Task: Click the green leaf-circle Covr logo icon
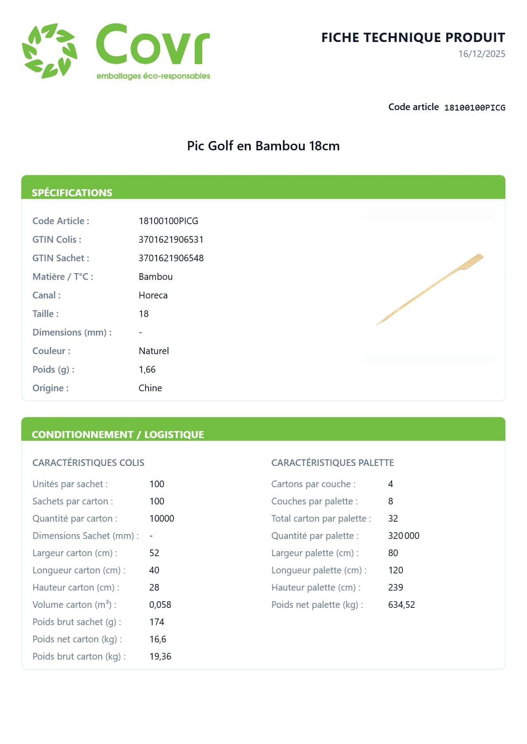[50, 51]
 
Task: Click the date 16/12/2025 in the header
[481, 54]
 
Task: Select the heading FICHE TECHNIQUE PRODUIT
[413, 38]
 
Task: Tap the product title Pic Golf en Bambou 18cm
[263, 146]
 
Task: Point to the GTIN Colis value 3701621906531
[171, 240]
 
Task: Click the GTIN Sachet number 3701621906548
[171, 258]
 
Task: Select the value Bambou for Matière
[155, 277]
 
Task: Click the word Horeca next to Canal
[153, 295]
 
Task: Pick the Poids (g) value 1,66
[147, 370]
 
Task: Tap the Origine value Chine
[150, 388]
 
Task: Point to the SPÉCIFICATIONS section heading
[72, 193]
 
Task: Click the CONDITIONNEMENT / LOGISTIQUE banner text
[118, 435]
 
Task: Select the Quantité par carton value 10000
[162, 519]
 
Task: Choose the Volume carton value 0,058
[160, 605]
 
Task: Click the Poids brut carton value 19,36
[160, 656]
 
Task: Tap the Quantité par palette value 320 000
[404, 536]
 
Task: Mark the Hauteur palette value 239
[396, 588]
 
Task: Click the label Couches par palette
[314, 501]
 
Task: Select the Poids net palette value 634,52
[401, 605]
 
